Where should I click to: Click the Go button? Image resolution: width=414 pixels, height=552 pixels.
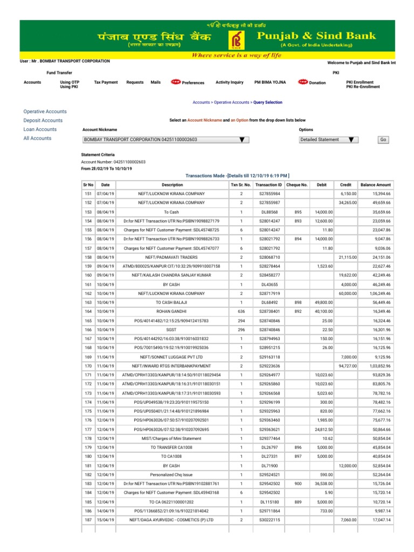click(x=383, y=140)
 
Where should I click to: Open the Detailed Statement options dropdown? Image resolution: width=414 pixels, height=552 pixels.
click(x=329, y=140)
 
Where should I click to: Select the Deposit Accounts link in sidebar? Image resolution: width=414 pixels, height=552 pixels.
click(x=43, y=120)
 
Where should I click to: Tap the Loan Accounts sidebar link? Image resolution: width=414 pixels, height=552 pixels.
click(x=40, y=129)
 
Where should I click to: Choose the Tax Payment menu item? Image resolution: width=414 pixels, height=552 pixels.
click(x=106, y=82)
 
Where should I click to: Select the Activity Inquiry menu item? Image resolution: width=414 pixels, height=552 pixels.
click(x=230, y=82)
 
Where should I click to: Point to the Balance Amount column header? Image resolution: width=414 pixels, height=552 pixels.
click(x=376, y=184)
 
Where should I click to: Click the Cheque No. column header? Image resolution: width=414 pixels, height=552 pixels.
click(x=297, y=184)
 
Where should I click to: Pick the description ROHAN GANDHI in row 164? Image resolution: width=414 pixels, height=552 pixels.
click(x=171, y=311)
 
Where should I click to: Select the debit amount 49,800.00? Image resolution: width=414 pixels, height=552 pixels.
click(x=323, y=302)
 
